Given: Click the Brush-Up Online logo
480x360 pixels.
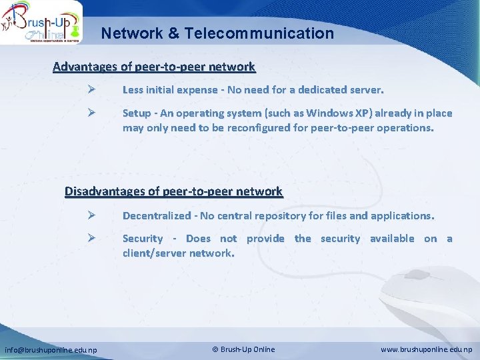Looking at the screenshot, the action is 41,23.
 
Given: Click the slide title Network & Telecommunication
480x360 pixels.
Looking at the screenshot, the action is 217,33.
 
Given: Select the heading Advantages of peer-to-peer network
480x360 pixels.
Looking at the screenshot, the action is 154,67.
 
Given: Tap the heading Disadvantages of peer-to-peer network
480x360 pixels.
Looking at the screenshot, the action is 173,191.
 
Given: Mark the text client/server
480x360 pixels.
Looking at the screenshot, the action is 154,253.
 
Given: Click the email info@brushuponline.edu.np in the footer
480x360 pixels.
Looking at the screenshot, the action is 51,350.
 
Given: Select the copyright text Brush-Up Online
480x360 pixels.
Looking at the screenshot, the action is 243,349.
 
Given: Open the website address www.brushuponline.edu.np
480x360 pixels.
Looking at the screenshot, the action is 426,349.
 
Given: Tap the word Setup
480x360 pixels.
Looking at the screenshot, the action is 137,113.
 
